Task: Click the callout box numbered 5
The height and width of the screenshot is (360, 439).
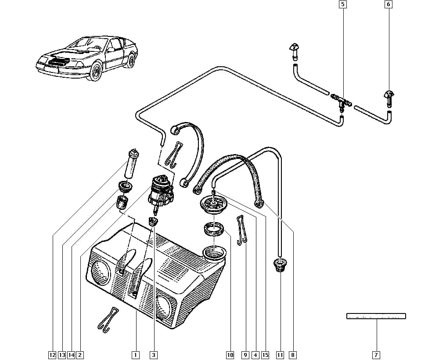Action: [342, 4]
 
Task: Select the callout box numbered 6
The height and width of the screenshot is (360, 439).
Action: [389, 4]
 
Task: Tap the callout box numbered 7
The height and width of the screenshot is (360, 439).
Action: [376, 355]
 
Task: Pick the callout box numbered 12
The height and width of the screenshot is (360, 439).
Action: [52, 355]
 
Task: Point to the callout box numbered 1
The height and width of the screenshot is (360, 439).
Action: [136, 355]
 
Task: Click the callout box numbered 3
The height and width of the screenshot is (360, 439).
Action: [153, 355]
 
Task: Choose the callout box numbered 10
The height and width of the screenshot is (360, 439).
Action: [230, 355]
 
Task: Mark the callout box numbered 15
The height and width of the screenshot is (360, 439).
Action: [265, 355]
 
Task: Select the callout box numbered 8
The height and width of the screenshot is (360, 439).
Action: [292, 355]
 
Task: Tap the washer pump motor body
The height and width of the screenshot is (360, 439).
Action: [160, 191]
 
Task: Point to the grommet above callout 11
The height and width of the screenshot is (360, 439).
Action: [280, 265]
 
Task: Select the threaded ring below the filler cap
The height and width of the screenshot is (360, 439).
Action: [213, 229]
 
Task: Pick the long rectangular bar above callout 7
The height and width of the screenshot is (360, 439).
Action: [376, 316]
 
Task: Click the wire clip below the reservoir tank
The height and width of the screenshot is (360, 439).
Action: [108, 320]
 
